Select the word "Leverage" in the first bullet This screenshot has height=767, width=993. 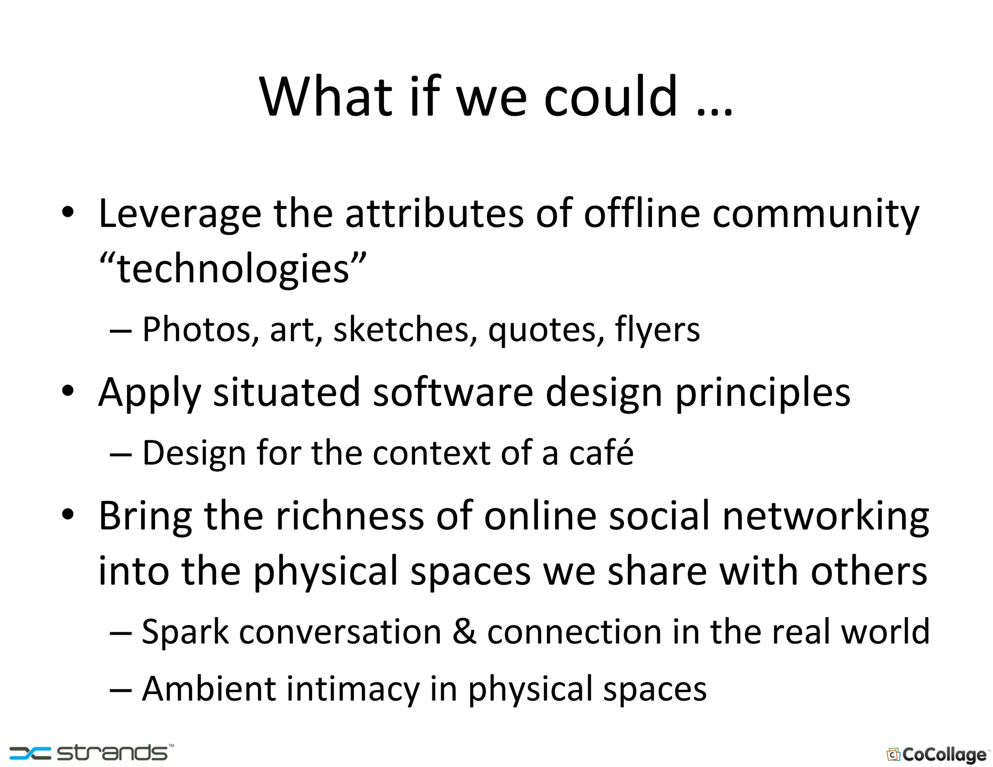point(180,214)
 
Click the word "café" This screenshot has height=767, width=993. point(601,452)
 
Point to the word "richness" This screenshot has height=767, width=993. point(350,516)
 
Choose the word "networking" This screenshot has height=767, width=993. point(826,517)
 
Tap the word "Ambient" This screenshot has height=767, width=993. point(208,688)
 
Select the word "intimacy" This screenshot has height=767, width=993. point(352,689)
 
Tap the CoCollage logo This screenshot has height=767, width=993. point(937,754)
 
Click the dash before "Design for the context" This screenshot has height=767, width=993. point(120,454)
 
